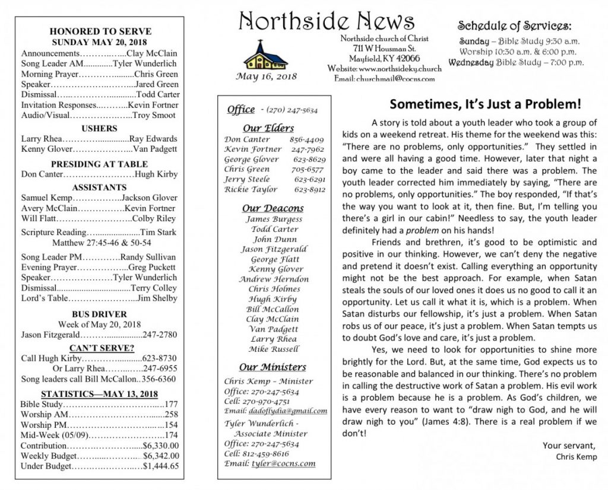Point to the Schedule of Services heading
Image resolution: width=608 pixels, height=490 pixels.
pyautogui.click(x=514, y=26)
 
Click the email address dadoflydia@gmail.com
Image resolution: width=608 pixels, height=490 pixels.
pyautogui.click(x=290, y=411)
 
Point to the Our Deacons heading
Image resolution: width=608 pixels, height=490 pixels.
pyautogui.click(x=273, y=208)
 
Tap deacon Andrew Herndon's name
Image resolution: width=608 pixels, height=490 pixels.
pyautogui.click(x=274, y=279)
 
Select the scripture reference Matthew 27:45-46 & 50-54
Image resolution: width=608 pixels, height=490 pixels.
pyautogui.click(x=102, y=243)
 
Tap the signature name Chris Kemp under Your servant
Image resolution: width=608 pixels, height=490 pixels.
pyautogui.click(x=577, y=457)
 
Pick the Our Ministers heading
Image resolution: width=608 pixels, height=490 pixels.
pyautogui.click(x=273, y=367)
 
